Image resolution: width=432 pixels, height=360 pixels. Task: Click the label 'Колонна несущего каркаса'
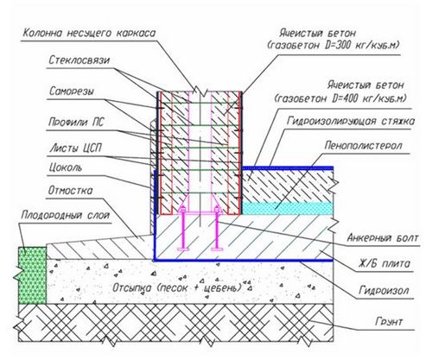point(89,33)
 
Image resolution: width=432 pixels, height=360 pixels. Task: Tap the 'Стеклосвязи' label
point(79,60)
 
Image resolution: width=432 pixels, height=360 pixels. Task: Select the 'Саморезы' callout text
point(72,92)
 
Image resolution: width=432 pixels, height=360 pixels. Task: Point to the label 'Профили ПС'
point(76,123)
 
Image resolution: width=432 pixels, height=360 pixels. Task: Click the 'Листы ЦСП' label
point(76,148)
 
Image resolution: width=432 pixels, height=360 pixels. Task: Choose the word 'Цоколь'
point(66,167)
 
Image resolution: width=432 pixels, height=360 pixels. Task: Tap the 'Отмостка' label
point(70,191)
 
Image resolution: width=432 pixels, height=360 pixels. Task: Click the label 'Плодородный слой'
point(66,215)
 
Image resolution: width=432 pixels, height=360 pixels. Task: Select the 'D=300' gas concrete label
point(334,40)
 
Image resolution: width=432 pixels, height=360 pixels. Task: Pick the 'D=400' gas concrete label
point(340,92)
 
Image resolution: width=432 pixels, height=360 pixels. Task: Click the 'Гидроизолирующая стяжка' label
point(351,121)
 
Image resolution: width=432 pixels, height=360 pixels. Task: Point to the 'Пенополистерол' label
point(363,146)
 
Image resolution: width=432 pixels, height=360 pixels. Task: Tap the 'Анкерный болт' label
point(383,238)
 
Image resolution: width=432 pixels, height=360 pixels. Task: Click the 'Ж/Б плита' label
point(384,263)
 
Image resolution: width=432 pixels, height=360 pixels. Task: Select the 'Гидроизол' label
point(384,290)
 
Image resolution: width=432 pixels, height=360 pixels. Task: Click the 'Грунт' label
point(389,321)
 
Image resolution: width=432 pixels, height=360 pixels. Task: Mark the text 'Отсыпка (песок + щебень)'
point(177,287)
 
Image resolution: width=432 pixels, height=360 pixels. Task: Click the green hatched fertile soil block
point(32,275)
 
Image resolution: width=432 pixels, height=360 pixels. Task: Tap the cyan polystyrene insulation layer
point(287,208)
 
